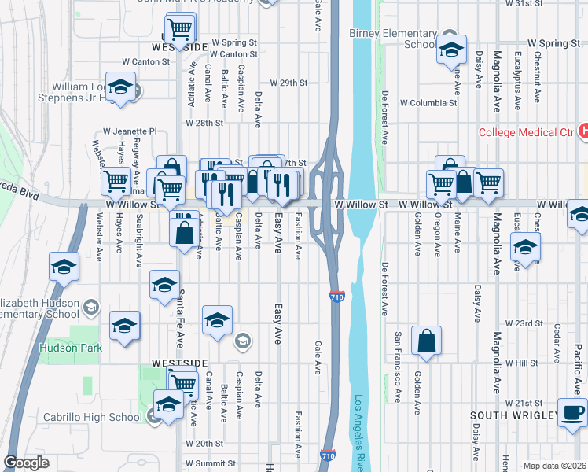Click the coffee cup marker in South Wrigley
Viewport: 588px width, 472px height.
coord(573,412)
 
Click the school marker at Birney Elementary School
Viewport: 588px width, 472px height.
coord(452,49)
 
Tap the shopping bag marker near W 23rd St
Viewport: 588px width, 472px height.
coord(426,341)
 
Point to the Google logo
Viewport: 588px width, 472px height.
coord(26,463)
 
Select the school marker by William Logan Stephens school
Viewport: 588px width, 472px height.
coord(121,87)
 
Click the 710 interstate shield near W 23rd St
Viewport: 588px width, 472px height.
coord(336,297)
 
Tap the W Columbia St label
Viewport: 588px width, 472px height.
coord(428,103)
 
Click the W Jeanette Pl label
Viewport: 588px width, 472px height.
coord(130,131)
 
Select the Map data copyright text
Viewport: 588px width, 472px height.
coord(554,466)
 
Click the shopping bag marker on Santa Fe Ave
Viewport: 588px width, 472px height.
coord(184,233)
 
